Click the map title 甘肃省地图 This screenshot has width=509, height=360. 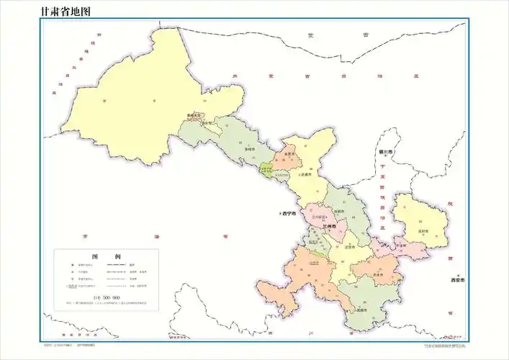pyautogui.click(x=60, y=11)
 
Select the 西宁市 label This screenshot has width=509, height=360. pyautogui.click(x=290, y=214)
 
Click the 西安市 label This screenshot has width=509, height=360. pyautogui.click(x=459, y=279)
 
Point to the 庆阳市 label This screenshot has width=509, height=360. pyautogui.click(x=422, y=231)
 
